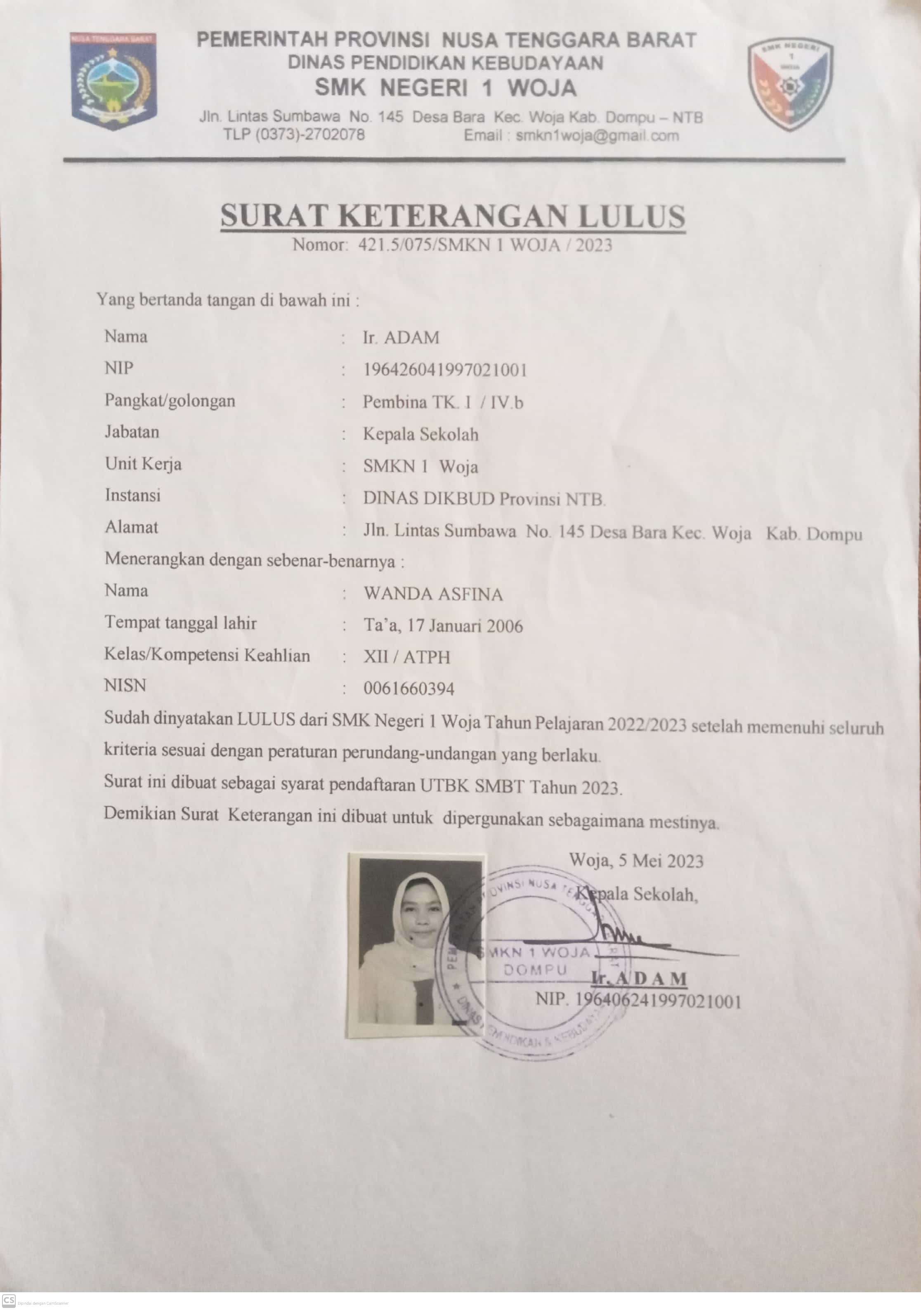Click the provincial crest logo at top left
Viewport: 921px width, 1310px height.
pyautogui.click(x=113, y=80)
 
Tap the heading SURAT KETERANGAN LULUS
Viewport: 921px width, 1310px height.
pyautogui.click(x=453, y=216)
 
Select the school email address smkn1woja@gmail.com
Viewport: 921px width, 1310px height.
pyautogui.click(x=597, y=136)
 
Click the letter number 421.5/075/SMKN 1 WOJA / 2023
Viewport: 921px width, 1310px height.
pyautogui.click(x=485, y=245)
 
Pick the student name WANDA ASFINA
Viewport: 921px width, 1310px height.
pyautogui.click(x=433, y=595)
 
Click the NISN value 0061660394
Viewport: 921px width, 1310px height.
pyautogui.click(x=409, y=689)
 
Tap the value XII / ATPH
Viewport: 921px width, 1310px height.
pyautogui.click(x=407, y=657)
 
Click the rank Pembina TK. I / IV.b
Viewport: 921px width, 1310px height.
pyautogui.click(x=443, y=403)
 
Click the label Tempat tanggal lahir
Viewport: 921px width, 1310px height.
pyautogui.click(x=180, y=623)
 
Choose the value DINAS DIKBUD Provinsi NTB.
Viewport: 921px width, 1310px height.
pyautogui.click(x=484, y=499)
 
